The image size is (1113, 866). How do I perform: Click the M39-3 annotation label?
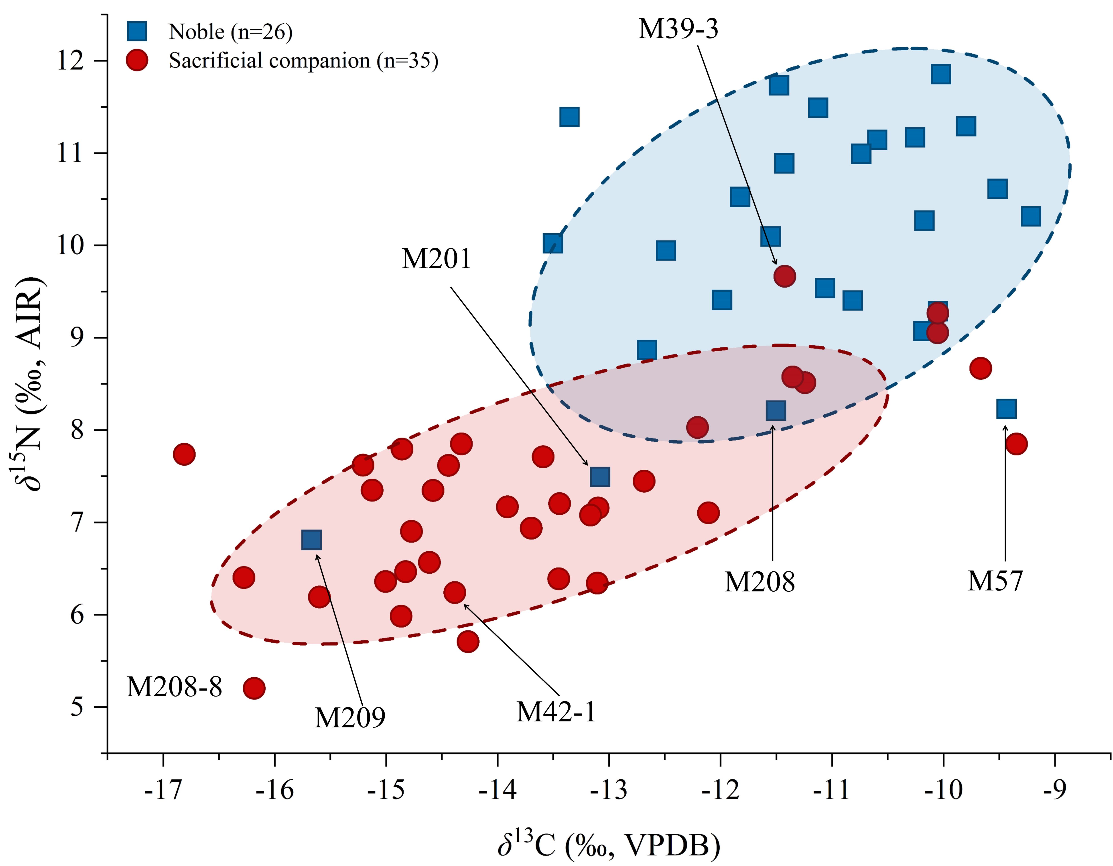tap(678, 29)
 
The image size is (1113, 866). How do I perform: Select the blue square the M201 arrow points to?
tap(600, 477)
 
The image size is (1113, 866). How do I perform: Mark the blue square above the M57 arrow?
tap(1006, 409)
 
